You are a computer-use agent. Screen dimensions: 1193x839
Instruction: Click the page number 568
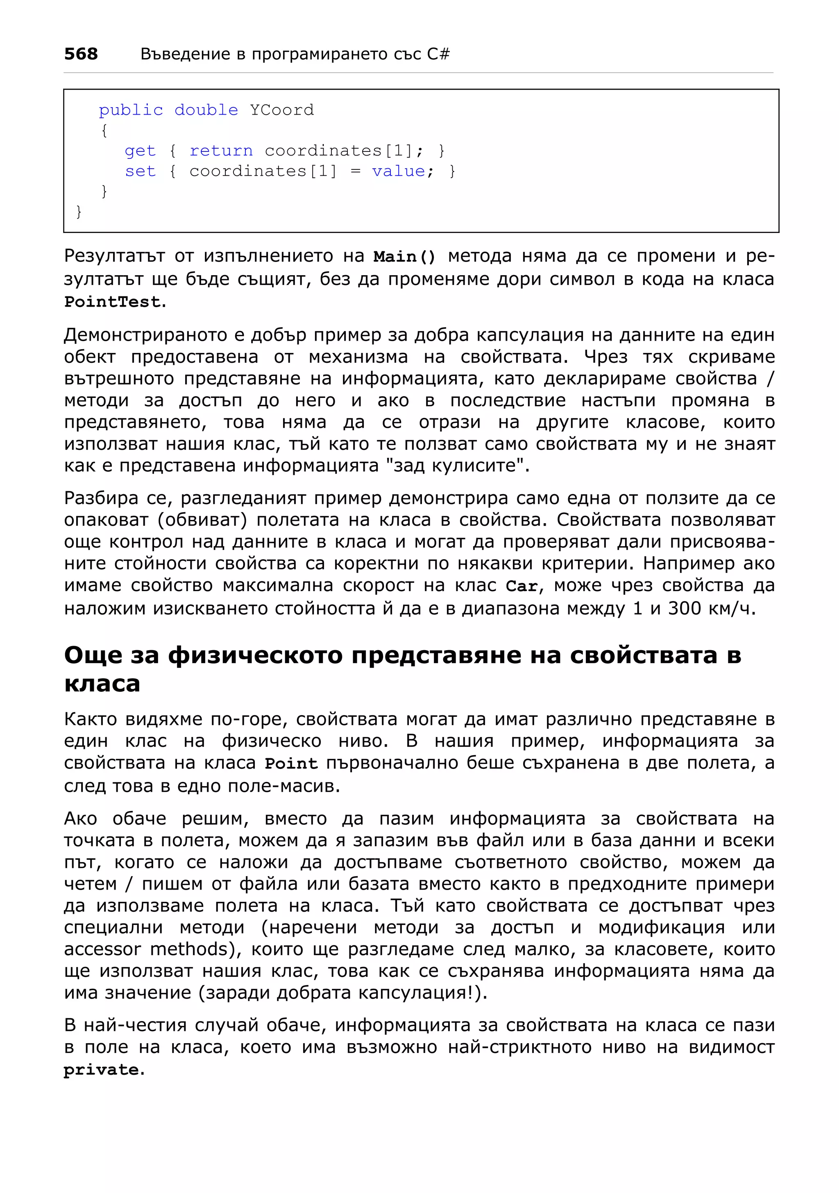[x=81, y=54]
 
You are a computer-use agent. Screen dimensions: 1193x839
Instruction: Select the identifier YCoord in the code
[x=282, y=110]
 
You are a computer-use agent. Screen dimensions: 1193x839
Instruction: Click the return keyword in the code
[x=221, y=151]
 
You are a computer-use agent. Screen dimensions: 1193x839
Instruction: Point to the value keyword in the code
[x=398, y=171]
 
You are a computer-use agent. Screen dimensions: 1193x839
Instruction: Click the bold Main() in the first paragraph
[x=404, y=257]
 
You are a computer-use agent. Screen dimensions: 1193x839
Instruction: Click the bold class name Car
[x=522, y=586]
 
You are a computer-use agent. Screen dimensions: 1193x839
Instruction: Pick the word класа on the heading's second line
[x=102, y=683]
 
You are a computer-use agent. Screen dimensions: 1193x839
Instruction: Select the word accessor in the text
[x=102, y=950]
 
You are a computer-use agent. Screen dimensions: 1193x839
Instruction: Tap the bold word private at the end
[x=101, y=1070]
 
